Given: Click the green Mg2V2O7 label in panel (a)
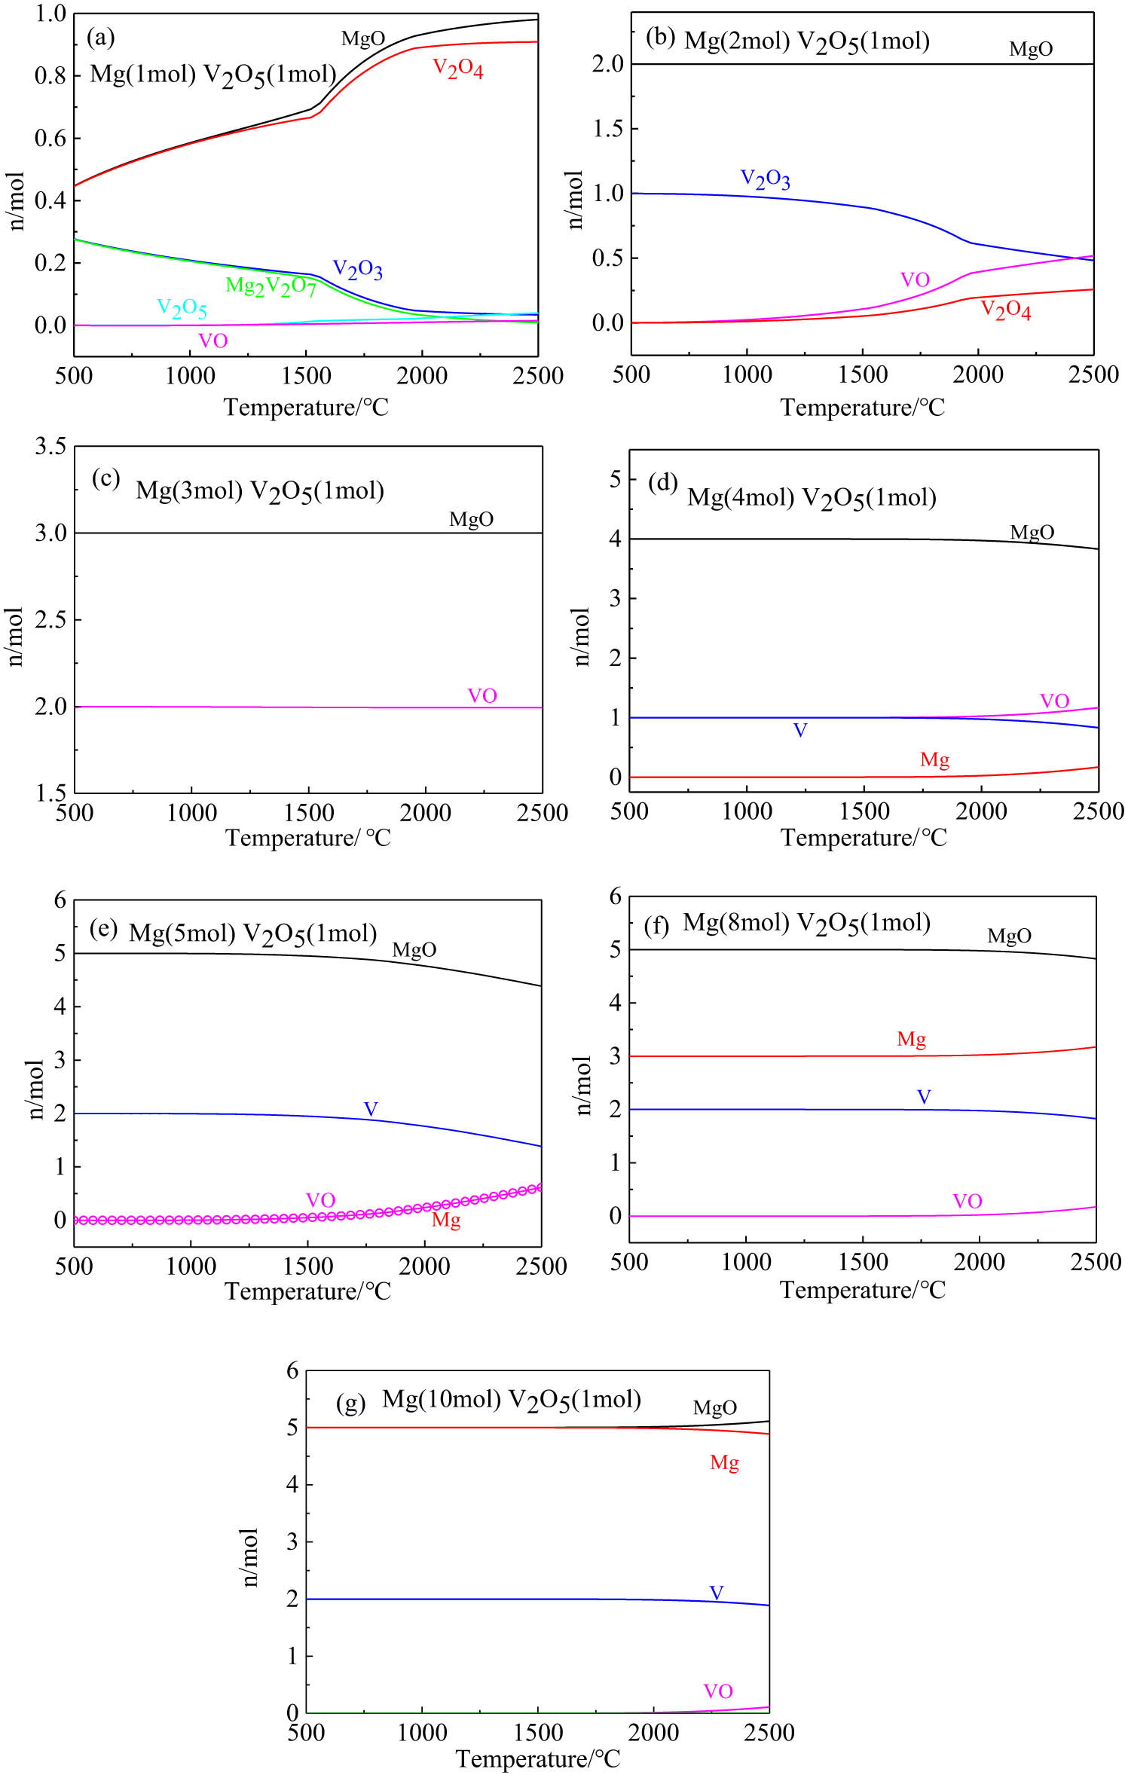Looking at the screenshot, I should tap(271, 286).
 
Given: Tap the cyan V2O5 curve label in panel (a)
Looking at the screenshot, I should tap(182, 307).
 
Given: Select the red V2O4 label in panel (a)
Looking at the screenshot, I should tap(457, 69).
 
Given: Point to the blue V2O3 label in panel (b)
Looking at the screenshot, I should tap(765, 179).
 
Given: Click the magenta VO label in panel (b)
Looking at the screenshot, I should tap(915, 280).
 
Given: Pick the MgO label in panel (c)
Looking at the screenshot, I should tap(471, 519).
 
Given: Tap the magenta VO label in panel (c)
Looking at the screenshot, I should tap(482, 695).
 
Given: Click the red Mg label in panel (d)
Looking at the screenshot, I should tap(934, 760).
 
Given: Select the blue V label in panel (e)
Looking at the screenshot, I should tap(371, 1109).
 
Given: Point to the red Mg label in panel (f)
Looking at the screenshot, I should tap(911, 1040).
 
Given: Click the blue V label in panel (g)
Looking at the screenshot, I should tap(717, 1593).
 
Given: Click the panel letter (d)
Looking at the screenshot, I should tap(663, 482).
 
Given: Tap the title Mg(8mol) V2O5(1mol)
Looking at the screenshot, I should tap(806, 923).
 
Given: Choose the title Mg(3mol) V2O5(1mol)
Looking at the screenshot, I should tap(260, 491).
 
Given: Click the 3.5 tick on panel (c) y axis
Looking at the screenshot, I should tap(50, 446).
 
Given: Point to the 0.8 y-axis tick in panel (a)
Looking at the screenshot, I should tap(50, 75).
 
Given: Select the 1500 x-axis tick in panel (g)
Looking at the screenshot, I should tap(538, 1733).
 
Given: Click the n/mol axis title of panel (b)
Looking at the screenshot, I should tap(575, 200).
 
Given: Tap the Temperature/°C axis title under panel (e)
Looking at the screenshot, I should tap(307, 1291).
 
